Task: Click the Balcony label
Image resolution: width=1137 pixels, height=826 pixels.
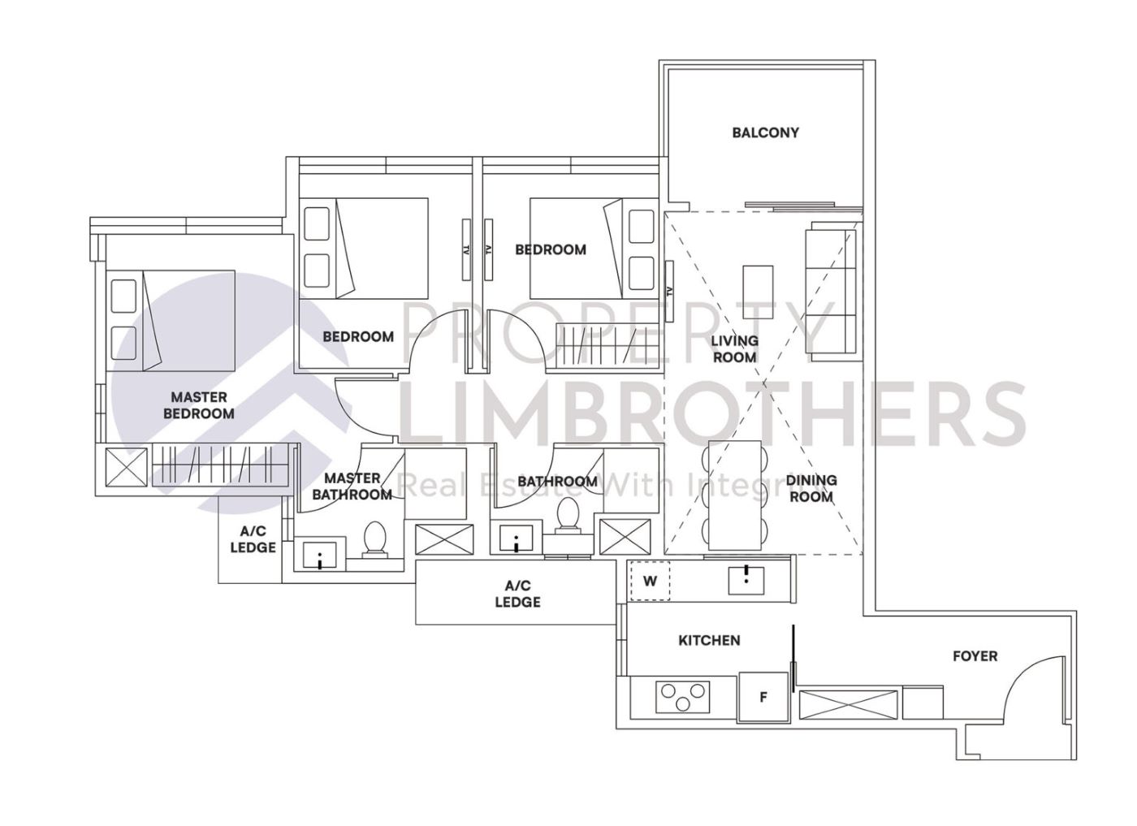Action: coord(765,132)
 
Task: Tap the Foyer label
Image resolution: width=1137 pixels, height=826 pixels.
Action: coord(975,655)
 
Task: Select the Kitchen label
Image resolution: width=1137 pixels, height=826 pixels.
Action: coord(709,640)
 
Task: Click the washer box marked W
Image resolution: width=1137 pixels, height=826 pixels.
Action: coord(650,582)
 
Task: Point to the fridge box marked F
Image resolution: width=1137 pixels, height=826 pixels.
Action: coord(763,697)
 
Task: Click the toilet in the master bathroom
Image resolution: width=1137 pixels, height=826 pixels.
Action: coord(374,540)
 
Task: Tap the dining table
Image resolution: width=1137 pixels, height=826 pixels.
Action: coord(737,494)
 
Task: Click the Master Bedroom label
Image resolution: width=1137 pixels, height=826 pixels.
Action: coord(199,405)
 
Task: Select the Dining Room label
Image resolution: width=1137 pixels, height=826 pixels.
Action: coord(811,487)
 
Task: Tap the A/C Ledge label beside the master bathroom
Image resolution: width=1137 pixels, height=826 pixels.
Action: coord(253,539)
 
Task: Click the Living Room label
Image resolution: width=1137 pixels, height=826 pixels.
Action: coord(734,348)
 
